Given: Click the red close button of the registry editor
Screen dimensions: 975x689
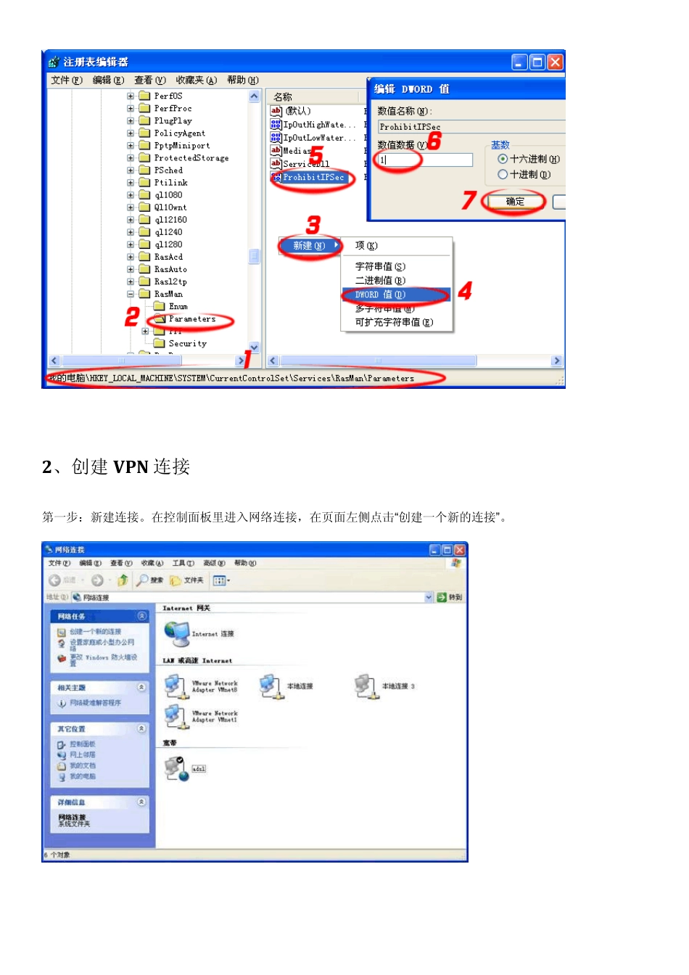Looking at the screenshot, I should [x=555, y=62].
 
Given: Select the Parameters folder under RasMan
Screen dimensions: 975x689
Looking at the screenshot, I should [x=191, y=319].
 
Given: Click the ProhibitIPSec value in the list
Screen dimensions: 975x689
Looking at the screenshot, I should [x=313, y=177].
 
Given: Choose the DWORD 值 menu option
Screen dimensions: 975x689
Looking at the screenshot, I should [x=380, y=295].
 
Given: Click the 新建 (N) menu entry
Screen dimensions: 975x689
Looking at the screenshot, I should [x=309, y=246].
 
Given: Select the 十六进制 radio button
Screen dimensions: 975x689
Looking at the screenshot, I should [x=503, y=159].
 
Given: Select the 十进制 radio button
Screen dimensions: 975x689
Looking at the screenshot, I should [x=503, y=174].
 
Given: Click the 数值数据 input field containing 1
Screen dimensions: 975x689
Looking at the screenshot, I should [x=424, y=160].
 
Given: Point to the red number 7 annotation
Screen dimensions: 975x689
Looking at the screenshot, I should [x=469, y=199].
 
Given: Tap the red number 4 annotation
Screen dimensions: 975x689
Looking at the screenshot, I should [x=465, y=290].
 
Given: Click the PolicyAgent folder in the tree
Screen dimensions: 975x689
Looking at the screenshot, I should [x=179, y=133].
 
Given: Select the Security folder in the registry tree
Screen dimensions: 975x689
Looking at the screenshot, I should [x=187, y=344].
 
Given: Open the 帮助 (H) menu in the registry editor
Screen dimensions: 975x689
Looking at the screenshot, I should [x=242, y=80].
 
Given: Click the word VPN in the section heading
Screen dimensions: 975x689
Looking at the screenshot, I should [x=131, y=466].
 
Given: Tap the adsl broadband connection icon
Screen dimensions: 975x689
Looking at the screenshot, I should [x=176, y=768].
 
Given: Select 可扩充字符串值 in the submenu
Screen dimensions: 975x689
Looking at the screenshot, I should [x=394, y=322].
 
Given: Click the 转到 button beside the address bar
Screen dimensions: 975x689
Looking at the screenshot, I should [x=449, y=597].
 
